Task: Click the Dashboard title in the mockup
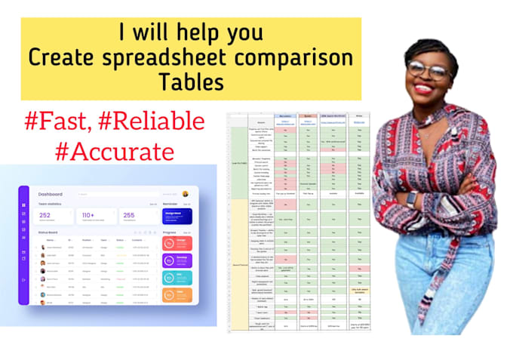(51, 195)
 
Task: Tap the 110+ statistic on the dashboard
(89, 216)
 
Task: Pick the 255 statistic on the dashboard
(129, 216)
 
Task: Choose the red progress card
(178, 243)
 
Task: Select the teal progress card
(178, 278)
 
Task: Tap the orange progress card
(178, 295)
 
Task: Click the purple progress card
(178, 260)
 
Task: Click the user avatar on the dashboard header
(186, 194)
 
